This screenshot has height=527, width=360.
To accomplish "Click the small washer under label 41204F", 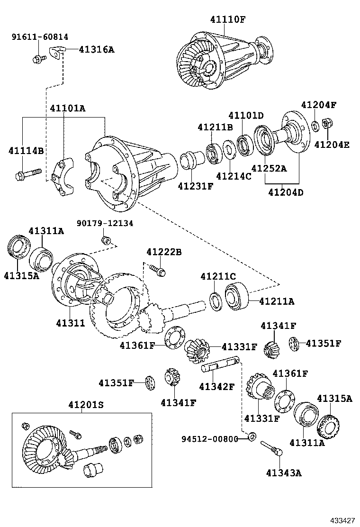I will tap(315, 126).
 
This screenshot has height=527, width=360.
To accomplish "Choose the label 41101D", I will tap(246, 115).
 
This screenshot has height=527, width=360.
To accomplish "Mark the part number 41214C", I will tap(234, 176).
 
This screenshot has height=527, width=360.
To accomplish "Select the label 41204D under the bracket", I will tap(286, 192).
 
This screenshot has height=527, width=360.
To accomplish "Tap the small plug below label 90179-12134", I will tap(107, 239).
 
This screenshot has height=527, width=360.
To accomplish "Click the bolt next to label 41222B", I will tap(157, 270).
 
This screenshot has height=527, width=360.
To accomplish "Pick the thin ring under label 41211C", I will tap(215, 302).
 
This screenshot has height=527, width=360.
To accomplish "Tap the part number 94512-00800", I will tap(209, 439).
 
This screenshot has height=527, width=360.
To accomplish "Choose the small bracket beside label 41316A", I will tap(57, 51).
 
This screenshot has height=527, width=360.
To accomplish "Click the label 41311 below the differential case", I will tap(71, 323).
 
